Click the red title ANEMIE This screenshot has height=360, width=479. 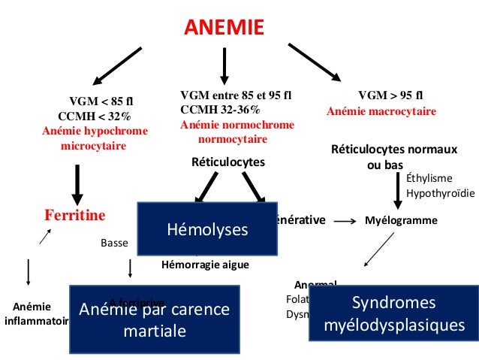tap(224, 28)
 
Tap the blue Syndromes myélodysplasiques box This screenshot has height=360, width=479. tap(393, 314)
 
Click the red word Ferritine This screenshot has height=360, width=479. tap(75, 215)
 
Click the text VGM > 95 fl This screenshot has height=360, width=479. tap(390, 95)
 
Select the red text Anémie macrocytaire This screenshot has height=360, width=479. tap(381, 111)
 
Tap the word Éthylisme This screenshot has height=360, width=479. tap(429, 179)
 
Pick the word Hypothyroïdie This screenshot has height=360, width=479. tap(440, 193)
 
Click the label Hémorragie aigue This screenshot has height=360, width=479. tap(205, 265)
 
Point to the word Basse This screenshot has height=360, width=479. tap(115, 244)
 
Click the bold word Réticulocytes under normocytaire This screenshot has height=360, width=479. tap(229, 161)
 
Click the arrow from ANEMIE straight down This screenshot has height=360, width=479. tap(224, 66)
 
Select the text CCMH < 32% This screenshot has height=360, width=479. tap(94, 116)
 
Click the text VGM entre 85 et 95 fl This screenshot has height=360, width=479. tap(236, 95)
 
